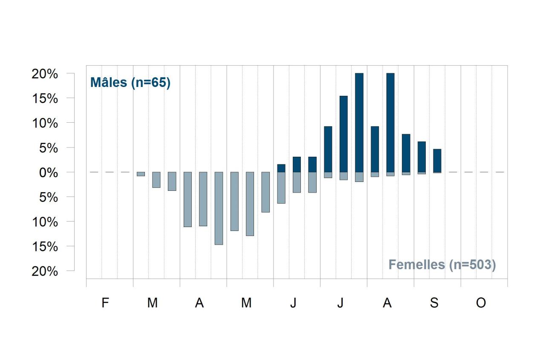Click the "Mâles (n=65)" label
130,83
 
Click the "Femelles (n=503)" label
442,265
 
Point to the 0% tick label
49,173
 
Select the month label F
105,302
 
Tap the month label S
434,302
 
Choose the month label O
481,302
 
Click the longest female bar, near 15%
219,208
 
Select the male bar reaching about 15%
343,134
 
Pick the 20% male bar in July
359,123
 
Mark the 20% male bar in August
390,123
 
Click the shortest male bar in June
281,168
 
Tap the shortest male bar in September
437,161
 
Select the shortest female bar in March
141,174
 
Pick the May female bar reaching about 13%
250,204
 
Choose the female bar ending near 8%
265,192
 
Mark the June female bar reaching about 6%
281,187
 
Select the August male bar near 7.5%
406,153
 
